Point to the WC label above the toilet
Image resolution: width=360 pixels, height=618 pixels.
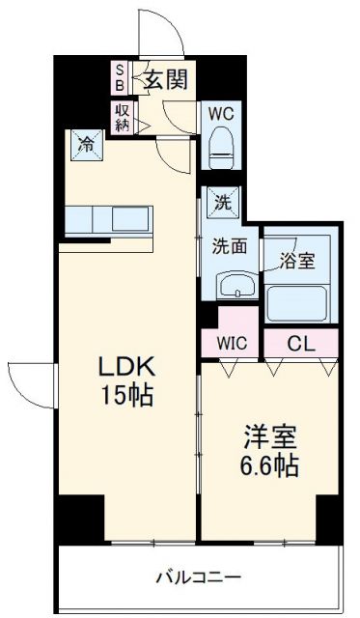coord(222,113)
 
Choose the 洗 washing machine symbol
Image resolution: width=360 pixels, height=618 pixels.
coord(222,203)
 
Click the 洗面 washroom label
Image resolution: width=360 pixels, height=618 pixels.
coord(230,245)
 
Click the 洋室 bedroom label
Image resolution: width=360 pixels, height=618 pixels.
coord(263,437)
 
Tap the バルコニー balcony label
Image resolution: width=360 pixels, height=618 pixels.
coord(199,577)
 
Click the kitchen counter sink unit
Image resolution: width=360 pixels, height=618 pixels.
coord(107,219)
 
